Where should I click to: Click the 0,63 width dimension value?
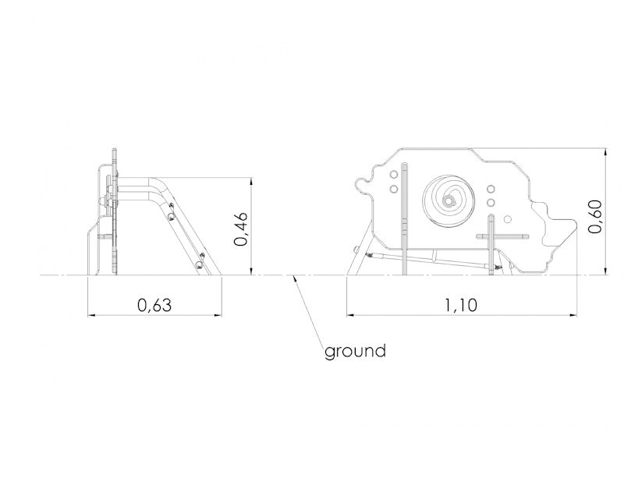(154, 305)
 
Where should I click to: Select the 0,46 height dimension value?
(241, 229)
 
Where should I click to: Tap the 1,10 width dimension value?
(460, 305)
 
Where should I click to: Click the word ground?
(355, 352)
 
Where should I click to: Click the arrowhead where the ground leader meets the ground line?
(294, 278)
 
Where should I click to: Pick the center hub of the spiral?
(449, 201)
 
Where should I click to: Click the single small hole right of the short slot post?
(508, 219)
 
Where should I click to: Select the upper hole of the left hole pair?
(394, 175)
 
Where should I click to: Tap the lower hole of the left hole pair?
(394, 188)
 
